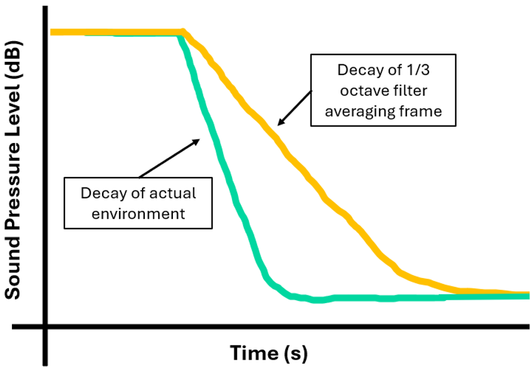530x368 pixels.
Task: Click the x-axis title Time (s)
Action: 269,353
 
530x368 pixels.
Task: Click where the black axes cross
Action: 45,326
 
